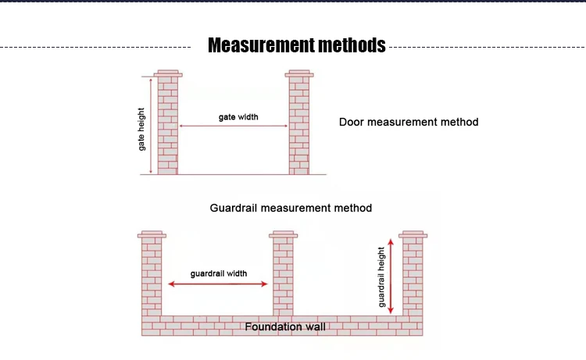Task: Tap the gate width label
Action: pyautogui.click(x=238, y=117)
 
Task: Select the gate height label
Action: pyautogui.click(x=141, y=129)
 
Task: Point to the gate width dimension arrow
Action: pyautogui.click(x=234, y=126)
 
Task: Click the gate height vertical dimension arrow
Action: pyautogui.click(x=151, y=126)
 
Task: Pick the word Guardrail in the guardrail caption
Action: pyautogui.click(x=234, y=208)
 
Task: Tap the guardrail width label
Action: pyautogui.click(x=219, y=274)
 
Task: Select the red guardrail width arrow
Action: pyautogui.click(x=218, y=284)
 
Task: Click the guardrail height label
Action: pyautogui.click(x=381, y=277)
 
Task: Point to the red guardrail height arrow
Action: pyautogui.click(x=391, y=276)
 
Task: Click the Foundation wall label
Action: pyautogui.click(x=285, y=327)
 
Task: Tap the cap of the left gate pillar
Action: pyautogui.click(x=168, y=73)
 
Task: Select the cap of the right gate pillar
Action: pyautogui.click(x=299, y=73)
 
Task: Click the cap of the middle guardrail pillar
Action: pyautogui.click(x=284, y=234)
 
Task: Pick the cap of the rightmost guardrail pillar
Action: pyautogui.click(x=413, y=234)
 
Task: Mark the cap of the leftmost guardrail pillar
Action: pyautogui.click(x=152, y=234)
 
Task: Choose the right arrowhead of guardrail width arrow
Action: pyautogui.click(x=265, y=284)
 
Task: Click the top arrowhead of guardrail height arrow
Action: pyautogui.click(x=391, y=242)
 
